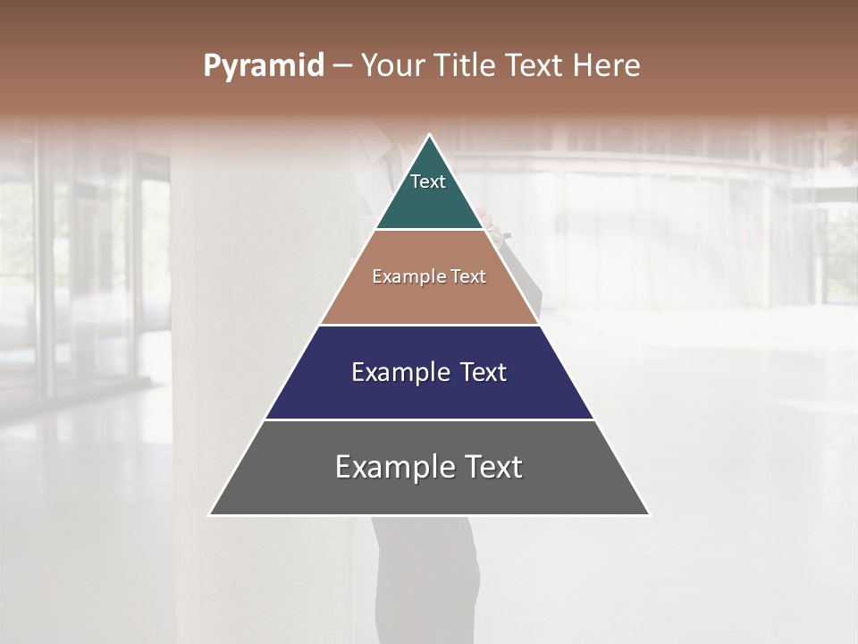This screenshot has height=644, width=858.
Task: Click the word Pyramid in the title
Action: click(263, 66)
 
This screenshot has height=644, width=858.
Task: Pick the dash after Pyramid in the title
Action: click(341, 66)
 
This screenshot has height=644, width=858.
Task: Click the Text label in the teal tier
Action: click(428, 182)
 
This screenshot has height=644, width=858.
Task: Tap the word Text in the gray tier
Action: click(493, 467)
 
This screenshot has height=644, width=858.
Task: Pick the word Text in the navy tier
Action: click(484, 372)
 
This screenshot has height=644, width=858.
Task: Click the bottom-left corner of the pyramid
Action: click(211, 513)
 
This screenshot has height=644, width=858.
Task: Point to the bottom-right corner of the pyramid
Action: click(648, 513)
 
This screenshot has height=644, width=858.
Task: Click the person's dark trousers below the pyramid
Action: click(427, 581)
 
